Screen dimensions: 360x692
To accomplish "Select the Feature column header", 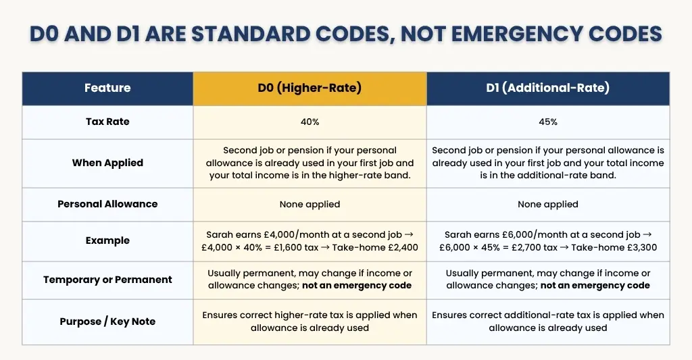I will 107,88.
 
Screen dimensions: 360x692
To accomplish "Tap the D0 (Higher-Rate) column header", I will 310,88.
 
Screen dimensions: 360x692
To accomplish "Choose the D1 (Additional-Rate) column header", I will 547,88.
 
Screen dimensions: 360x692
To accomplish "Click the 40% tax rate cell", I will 310,122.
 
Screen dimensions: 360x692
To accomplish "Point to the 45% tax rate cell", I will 547,122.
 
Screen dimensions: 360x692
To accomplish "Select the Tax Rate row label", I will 107,122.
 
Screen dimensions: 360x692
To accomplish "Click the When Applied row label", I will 107,163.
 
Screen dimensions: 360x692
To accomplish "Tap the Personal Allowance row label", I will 107,204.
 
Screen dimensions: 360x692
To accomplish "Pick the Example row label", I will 107,240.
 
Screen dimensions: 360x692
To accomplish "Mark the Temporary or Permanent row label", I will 107,280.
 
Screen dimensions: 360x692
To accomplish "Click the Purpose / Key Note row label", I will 107,322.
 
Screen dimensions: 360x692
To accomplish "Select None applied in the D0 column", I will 310,204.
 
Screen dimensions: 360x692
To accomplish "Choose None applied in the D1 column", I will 547,204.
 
